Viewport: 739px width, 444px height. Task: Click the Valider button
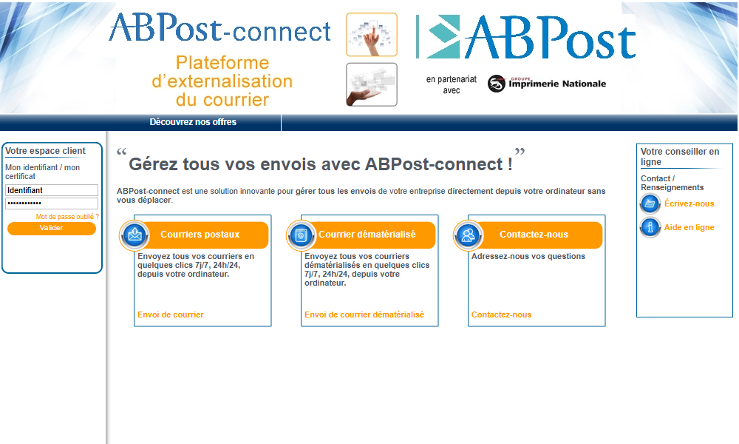pyautogui.click(x=52, y=229)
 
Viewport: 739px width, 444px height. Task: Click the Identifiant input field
pyautogui.click(x=52, y=190)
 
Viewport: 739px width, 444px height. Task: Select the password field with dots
pyautogui.click(x=52, y=203)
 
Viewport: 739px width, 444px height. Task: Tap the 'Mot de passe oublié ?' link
pyautogui.click(x=67, y=217)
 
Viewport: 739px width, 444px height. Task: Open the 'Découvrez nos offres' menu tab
pyautogui.click(x=193, y=122)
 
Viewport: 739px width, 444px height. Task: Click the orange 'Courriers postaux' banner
pyautogui.click(x=202, y=235)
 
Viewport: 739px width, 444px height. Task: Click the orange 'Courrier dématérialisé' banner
pyautogui.click(x=369, y=235)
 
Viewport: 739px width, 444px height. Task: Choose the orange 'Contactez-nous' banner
pyautogui.click(x=537, y=235)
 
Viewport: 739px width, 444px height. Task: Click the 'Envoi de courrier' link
pyautogui.click(x=171, y=314)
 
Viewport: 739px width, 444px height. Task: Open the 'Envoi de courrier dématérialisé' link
pyautogui.click(x=364, y=314)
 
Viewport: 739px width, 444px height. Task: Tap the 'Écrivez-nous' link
pyautogui.click(x=689, y=203)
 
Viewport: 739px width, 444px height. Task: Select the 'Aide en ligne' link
pyautogui.click(x=689, y=227)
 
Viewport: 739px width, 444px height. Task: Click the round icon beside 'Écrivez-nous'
pyautogui.click(x=650, y=203)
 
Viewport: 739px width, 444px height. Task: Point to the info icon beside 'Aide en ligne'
pyautogui.click(x=650, y=227)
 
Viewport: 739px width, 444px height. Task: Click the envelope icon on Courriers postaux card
pyautogui.click(x=134, y=235)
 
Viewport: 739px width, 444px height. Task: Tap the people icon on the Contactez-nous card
pyautogui.click(x=468, y=235)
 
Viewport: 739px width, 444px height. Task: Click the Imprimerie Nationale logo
pyautogui.click(x=547, y=84)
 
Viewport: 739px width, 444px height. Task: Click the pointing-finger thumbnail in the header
pyautogui.click(x=372, y=35)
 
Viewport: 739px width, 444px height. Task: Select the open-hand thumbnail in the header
pyautogui.click(x=372, y=85)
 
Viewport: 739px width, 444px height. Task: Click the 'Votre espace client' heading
pyautogui.click(x=45, y=151)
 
